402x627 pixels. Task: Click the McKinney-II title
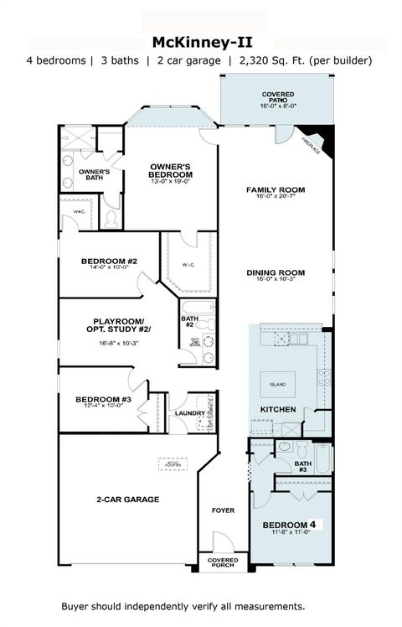pyautogui.click(x=200, y=41)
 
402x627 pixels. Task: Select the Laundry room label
pyautogui.click(x=190, y=413)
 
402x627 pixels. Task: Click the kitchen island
pyautogui.click(x=277, y=384)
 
